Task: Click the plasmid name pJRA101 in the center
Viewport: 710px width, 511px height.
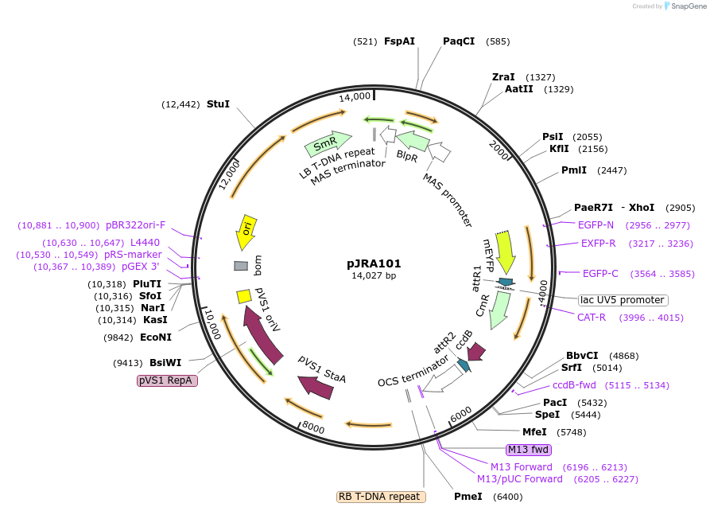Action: [x=374, y=263]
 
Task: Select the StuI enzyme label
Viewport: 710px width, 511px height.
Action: [x=218, y=104]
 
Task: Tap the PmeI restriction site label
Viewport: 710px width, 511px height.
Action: [x=468, y=497]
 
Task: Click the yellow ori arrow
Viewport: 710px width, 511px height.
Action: [x=246, y=232]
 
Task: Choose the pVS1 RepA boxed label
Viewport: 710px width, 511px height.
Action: [x=167, y=381]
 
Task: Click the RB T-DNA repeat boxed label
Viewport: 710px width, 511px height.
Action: [x=381, y=497]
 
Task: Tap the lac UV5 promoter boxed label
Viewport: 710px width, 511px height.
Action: [x=623, y=300]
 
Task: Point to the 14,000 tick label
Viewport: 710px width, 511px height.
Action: [x=355, y=96]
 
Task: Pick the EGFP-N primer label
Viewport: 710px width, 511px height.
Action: [x=596, y=225]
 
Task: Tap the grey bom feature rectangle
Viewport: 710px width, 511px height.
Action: [x=241, y=266]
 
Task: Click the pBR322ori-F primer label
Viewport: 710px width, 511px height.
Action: [x=136, y=225]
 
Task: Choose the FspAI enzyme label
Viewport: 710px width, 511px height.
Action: [x=399, y=41]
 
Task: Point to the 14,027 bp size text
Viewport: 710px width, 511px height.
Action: [x=374, y=276]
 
